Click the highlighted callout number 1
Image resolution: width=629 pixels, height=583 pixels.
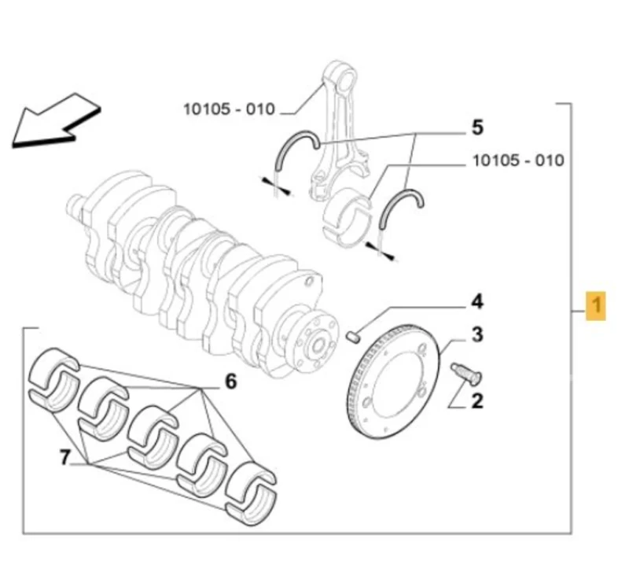pyautogui.click(x=597, y=304)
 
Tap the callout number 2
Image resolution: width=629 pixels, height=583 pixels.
pyautogui.click(x=476, y=402)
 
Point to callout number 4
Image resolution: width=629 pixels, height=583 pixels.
pyautogui.click(x=476, y=301)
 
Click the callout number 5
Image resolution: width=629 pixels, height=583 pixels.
pyautogui.click(x=477, y=127)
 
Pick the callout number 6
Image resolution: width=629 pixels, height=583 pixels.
pyautogui.click(x=230, y=382)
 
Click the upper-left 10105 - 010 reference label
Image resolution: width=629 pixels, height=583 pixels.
pyautogui.click(x=229, y=109)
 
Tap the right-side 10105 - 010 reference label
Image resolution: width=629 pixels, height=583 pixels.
pyautogui.click(x=517, y=161)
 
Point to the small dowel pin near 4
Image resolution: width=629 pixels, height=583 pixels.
pyautogui.click(x=353, y=337)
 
